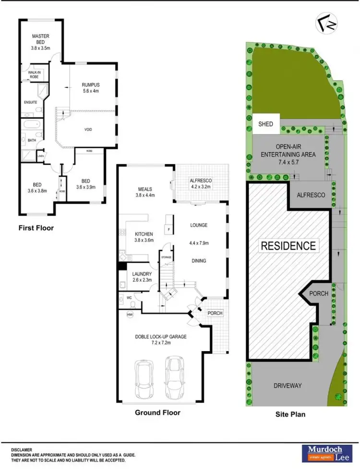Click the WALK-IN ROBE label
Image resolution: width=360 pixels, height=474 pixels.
(x=29, y=74)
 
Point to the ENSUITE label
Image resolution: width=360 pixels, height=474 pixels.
(x=30, y=102)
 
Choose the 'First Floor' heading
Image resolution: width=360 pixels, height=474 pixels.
(x=36, y=228)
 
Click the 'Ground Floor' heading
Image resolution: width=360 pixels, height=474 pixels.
(x=157, y=412)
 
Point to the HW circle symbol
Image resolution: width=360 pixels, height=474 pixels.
(x=129, y=315)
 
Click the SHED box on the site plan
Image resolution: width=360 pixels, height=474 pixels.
(x=265, y=124)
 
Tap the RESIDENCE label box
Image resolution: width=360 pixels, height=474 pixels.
(x=288, y=246)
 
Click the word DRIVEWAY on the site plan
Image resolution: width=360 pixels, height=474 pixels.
(x=288, y=385)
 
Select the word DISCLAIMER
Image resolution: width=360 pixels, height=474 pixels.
(x=24, y=450)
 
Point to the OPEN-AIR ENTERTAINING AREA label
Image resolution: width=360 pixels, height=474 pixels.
(x=288, y=151)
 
